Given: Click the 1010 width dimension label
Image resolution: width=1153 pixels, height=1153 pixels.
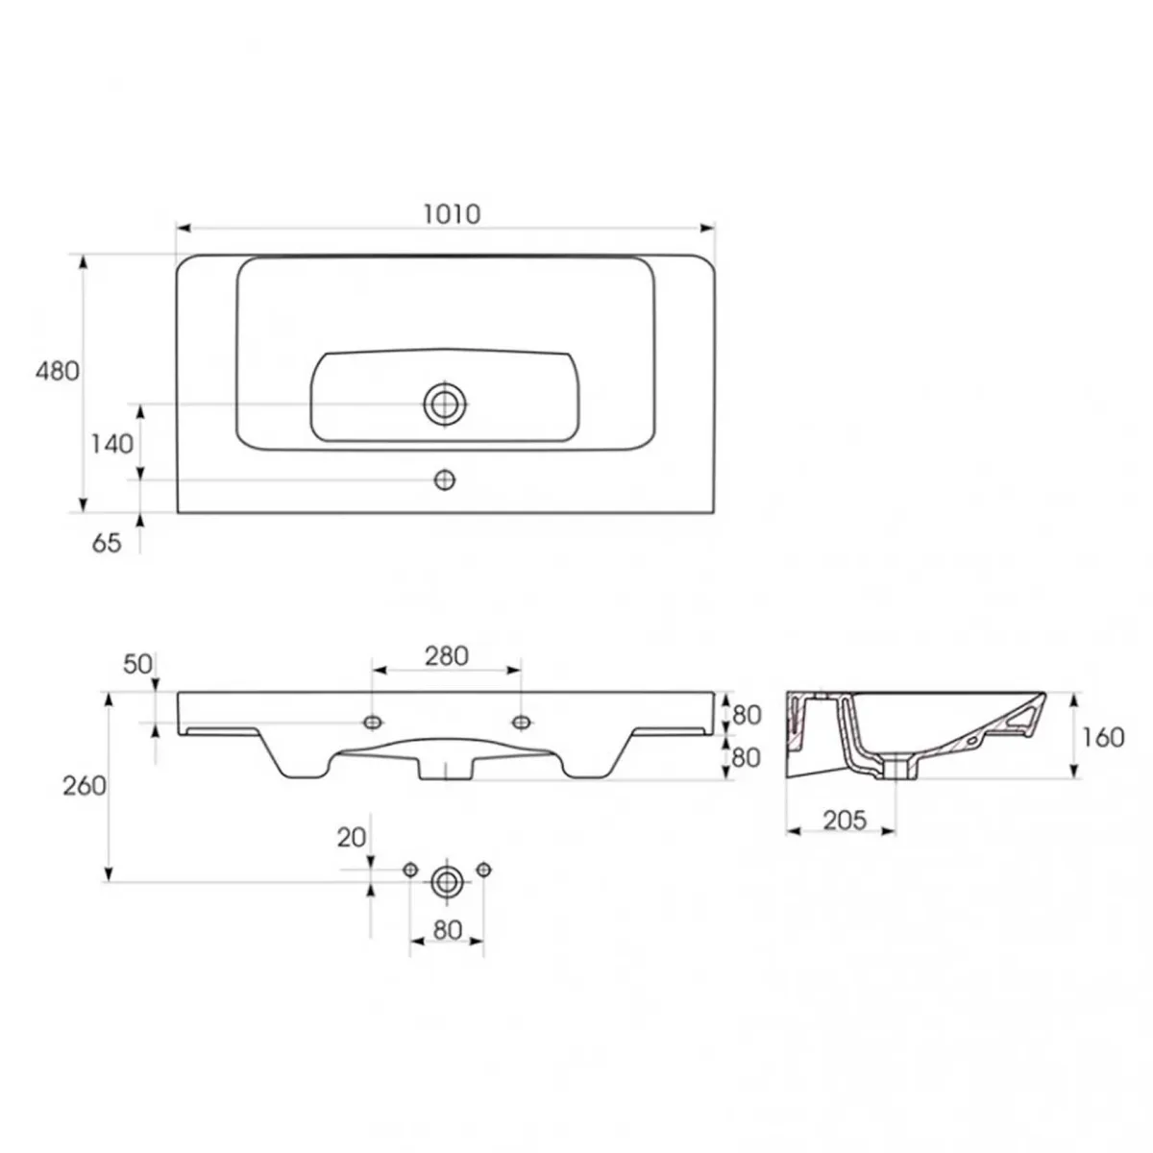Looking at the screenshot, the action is click(x=452, y=214).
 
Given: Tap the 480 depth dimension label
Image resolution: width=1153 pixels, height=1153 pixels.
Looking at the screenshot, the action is click(x=57, y=372).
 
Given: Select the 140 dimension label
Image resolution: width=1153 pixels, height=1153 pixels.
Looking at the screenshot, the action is click(x=111, y=444).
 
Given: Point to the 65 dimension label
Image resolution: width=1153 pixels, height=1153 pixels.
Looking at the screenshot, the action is click(x=107, y=543).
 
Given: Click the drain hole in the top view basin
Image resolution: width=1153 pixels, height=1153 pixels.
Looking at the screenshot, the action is click(x=445, y=404).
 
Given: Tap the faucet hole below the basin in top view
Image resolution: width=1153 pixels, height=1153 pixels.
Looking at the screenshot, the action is click(x=445, y=479).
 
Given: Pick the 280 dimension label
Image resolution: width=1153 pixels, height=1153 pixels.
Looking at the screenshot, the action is click(x=447, y=656).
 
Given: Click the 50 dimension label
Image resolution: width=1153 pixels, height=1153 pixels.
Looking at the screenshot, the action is click(x=137, y=664).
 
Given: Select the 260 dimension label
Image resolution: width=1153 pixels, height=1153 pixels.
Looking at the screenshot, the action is click(x=85, y=786).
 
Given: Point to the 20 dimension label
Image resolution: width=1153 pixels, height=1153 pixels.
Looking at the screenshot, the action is click(x=352, y=838).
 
